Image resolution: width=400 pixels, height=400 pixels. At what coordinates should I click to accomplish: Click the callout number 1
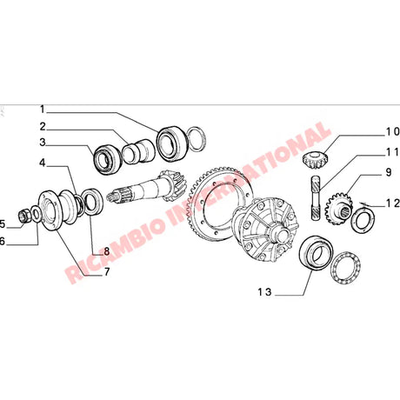(41, 110)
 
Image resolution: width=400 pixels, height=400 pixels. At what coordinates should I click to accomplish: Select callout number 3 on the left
(41, 143)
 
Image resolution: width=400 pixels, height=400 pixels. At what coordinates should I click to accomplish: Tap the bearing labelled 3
(107, 160)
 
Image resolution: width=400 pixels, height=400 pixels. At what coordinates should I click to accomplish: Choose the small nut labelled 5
(24, 217)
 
